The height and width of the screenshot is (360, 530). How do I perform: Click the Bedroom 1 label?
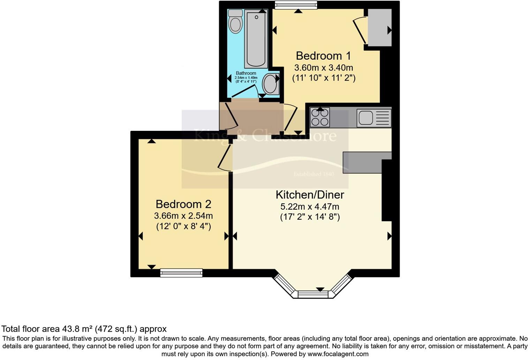point(323,56)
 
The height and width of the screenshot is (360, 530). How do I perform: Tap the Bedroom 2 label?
point(183,204)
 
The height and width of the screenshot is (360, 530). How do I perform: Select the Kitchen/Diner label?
point(310,195)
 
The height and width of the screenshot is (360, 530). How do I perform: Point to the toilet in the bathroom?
point(235,22)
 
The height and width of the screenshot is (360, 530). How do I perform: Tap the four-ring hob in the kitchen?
point(320,117)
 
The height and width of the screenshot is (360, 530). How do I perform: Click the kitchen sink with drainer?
point(373,118)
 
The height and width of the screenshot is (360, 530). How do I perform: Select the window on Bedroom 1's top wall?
point(296,5)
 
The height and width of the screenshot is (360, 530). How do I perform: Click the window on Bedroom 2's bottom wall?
point(181,273)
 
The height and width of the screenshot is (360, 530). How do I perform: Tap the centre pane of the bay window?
point(313,295)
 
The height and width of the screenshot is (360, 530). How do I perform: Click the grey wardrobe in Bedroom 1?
point(379,28)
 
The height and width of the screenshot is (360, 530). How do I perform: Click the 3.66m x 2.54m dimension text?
point(183,216)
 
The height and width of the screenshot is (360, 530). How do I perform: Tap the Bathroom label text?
point(246,73)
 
